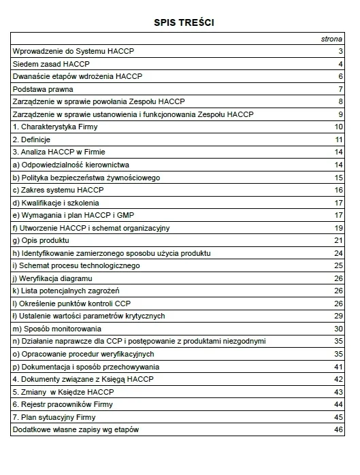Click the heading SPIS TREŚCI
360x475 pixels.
coord(180,23)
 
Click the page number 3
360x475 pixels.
coord(340,52)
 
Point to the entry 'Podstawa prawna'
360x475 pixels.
coord(43,89)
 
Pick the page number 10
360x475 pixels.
coord(338,127)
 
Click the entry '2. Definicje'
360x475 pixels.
coord(32,140)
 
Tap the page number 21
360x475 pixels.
coord(338,241)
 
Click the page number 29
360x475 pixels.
coord(338,316)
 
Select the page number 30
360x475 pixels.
coord(338,329)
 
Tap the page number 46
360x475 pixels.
coord(338,430)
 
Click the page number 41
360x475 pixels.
coord(338,367)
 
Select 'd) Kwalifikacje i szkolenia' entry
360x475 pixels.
coord(56,203)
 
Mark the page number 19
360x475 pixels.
coord(338,228)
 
